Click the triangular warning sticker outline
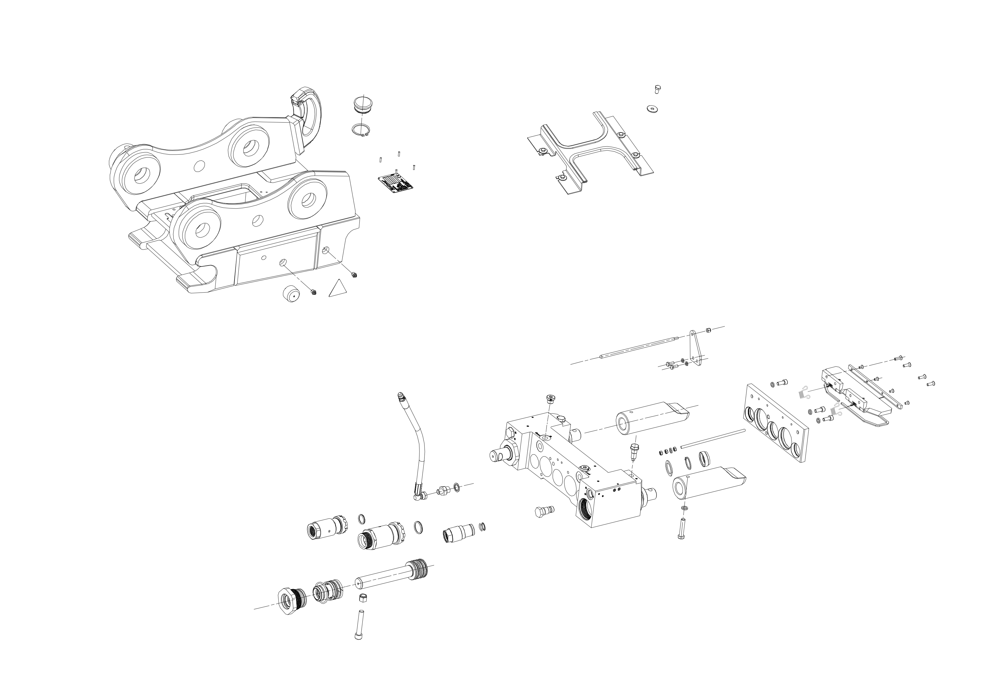(x=337, y=289)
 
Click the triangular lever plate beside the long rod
(x=695, y=348)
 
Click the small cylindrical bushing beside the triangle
(x=291, y=295)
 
